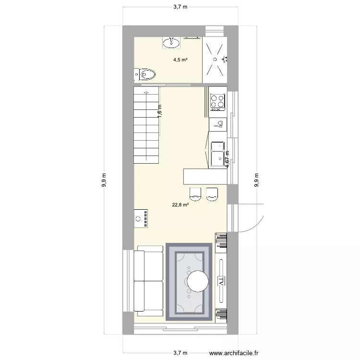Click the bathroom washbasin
pyautogui.click(x=172, y=43)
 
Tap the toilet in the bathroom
pyautogui.click(x=145, y=74)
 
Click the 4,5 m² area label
pyautogui.click(x=180, y=60)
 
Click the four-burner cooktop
pyautogui.click(x=217, y=101)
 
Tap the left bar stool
pyautogui.click(x=195, y=193)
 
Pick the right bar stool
pyautogui.click(x=212, y=193)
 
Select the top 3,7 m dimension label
pyautogui.click(x=180, y=7)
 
